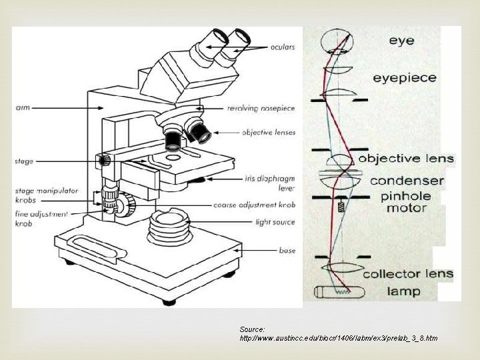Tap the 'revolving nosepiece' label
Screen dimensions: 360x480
click(x=261, y=108)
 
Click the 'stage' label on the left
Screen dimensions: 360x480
click(x=23, y=161)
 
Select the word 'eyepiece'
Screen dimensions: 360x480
click(x=404, y=78)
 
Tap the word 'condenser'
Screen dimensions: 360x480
click(x=407, y=181)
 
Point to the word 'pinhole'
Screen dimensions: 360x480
click(x=406, y=197)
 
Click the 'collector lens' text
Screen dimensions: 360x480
click(x=407, y=273)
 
